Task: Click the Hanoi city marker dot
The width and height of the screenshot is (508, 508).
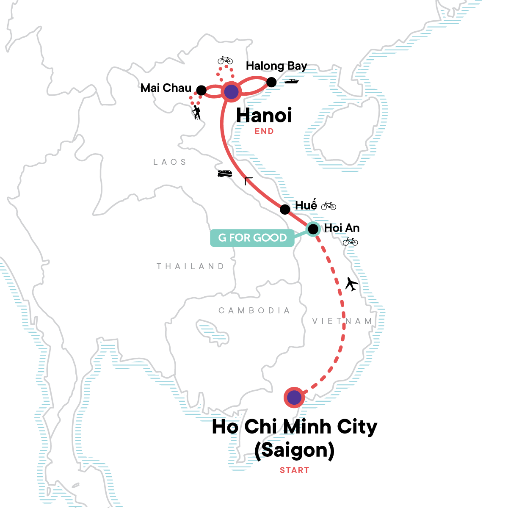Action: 231,91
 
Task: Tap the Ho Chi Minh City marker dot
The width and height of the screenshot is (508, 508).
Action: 294,397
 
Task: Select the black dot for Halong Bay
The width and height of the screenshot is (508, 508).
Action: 271,82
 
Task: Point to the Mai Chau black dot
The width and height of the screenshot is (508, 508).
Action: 202,91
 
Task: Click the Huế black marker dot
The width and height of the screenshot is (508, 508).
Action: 285,209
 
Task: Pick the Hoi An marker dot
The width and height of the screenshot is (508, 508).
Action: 313,229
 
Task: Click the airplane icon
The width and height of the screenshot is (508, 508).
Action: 351,284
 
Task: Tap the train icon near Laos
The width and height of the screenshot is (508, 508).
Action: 224,173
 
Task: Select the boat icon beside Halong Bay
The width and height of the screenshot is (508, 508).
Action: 292,81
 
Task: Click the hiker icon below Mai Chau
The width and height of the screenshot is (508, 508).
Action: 196,112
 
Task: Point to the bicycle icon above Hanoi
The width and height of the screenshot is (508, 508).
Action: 225,60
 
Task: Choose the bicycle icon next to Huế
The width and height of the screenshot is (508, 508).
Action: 329,206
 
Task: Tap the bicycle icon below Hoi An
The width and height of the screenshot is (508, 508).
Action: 350,242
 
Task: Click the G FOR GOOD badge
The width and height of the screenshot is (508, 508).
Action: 252,238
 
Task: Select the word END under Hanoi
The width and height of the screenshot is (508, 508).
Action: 264,132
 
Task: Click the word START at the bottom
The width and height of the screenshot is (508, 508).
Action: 294,470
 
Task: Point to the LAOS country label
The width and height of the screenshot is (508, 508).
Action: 170,162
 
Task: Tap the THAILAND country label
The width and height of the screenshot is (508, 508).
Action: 190,266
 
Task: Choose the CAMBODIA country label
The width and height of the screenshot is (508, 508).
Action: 254,311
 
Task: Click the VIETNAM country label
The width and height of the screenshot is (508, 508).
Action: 342,321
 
